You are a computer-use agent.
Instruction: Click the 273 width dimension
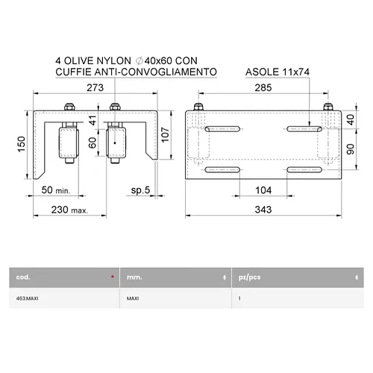coord(95,88)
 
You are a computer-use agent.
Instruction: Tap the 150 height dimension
coord(22,144)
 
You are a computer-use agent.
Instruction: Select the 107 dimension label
coord(165,135)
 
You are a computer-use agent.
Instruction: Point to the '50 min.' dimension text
coord(56,190)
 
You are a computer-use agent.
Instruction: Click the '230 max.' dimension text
coord(69,210)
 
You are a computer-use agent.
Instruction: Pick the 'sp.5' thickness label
coord(140,190)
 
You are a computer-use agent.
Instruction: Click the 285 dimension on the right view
coord(263,88)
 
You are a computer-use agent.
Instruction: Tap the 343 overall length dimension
coord(263,210)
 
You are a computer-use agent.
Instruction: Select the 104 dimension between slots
coord(263,190)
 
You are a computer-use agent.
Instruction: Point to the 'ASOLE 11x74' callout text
coord(278,72)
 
